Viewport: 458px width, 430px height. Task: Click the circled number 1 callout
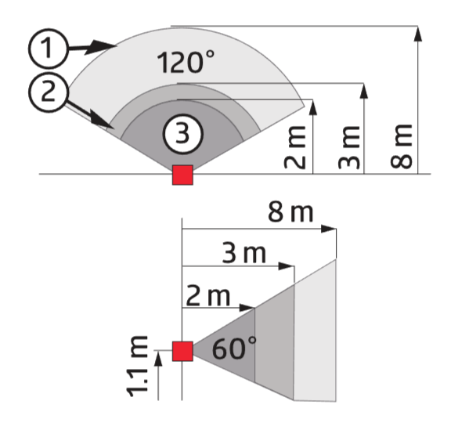point(49,49)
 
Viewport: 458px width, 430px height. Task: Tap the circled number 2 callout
point(49,92)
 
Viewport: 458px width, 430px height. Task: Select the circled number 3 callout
point(183,134)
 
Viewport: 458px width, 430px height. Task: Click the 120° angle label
point(186,62)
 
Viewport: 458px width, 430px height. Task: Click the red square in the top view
point(182,175)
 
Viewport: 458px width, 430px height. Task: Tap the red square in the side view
point(182,351)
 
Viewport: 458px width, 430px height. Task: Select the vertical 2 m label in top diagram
point(294,147)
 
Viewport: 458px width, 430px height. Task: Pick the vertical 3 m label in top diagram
point(348,147)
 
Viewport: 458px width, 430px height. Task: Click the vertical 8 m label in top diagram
point(402,146)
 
